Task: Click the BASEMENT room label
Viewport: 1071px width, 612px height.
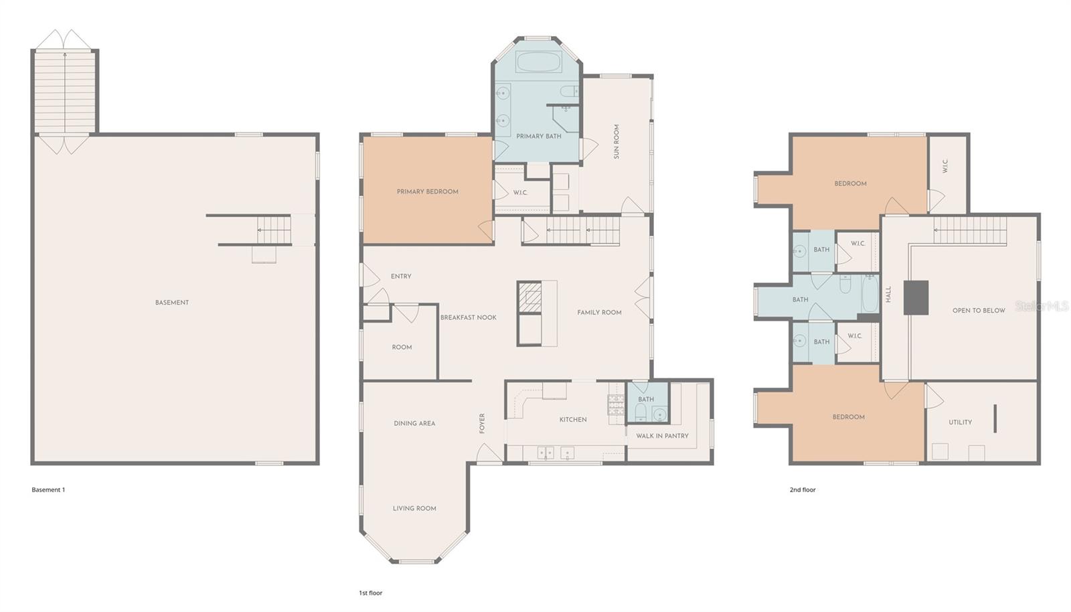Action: pyautogui.click(x=172, y=303)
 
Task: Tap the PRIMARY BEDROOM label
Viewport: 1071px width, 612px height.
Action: pyautogui.click(x=427, y=192)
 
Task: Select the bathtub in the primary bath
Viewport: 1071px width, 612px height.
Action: pyautogui.click(x=539, y=63)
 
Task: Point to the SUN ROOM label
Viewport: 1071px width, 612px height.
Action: pyautogui.click(x=616, y=141)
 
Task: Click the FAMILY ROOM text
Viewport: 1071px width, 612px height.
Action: pyautogui.click(x=599, y=312)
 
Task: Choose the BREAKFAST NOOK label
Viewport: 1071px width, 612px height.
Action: pyautogui.click(x=468, y=317)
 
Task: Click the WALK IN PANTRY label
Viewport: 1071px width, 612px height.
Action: pyautogui.click(x=662, y=436)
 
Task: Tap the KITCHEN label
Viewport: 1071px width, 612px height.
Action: pyautogui.click(x=573, y=420)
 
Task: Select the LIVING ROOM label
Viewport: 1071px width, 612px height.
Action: pyautogui.click(x=414, y=508)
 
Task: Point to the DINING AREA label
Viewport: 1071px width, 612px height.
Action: pyautogui.click(x=414, y=423)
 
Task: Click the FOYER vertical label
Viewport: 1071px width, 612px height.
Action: pyautogui.click(x=482, y=423)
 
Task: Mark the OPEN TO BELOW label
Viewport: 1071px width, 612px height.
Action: pyautogui.click(x=979, y=311)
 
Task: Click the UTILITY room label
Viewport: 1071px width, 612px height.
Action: pyautogui.click(x=960, y=423)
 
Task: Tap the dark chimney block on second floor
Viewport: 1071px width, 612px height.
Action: pyautogui.click(x=916, y=297)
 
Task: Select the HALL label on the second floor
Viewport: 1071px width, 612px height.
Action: pyautogui.click(x=888, y=295)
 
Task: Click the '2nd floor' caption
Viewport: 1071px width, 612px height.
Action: pyautogui.click(x=803, y=489)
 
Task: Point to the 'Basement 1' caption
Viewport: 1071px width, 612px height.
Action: pyautogui.click(x=48, y=489)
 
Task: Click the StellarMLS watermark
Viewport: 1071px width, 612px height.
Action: pyautogui.click(x=1042, y=306)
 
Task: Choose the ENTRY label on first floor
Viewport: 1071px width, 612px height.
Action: pyautogui.click(x=401, y=276)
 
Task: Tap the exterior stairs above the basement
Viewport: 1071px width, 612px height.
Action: pyautogui.click(x=65, y=92)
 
